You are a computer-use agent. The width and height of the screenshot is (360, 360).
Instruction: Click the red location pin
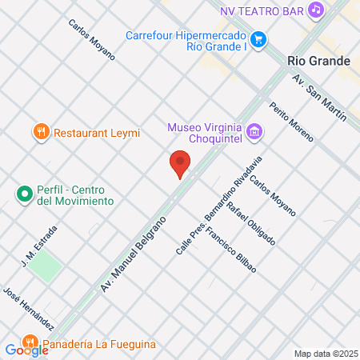(181, 163)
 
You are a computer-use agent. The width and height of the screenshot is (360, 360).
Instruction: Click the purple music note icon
(316, 10)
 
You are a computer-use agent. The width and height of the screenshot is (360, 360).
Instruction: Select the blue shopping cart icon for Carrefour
(258, 38)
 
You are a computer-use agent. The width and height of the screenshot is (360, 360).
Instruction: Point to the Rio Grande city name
(318, 61)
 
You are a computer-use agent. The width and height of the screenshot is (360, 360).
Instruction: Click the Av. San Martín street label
(319, 98)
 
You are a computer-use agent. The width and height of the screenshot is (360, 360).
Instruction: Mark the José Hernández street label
(29, 309)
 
